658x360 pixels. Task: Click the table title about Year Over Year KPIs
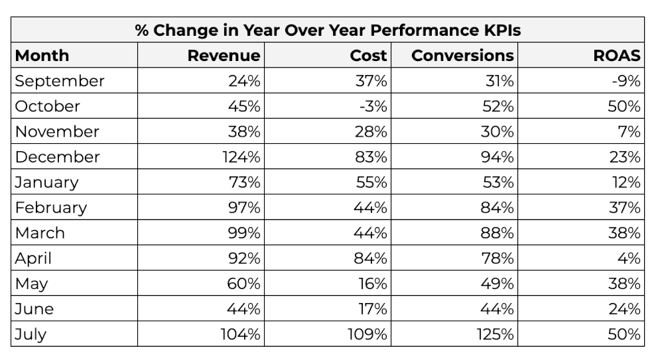[x=328, y=30]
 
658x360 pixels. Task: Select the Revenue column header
[x=224, y=56]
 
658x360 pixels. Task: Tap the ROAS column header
[x=616, y=56]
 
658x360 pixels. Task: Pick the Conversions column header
[x=462, y=56]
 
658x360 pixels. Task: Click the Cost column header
[x=368, y=56]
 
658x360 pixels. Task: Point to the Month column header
[x=42, y=56]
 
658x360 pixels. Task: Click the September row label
[x=60, y=81]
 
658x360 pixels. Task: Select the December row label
[x=57, y=157]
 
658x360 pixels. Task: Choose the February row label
[x=51, y=208]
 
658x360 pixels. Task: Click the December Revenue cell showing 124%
[x=240, y=157]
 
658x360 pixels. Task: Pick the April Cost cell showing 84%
[x=371, y=258]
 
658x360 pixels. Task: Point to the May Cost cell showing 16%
[x=371, y=283]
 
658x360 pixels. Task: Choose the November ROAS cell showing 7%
[x=629, y=131]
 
